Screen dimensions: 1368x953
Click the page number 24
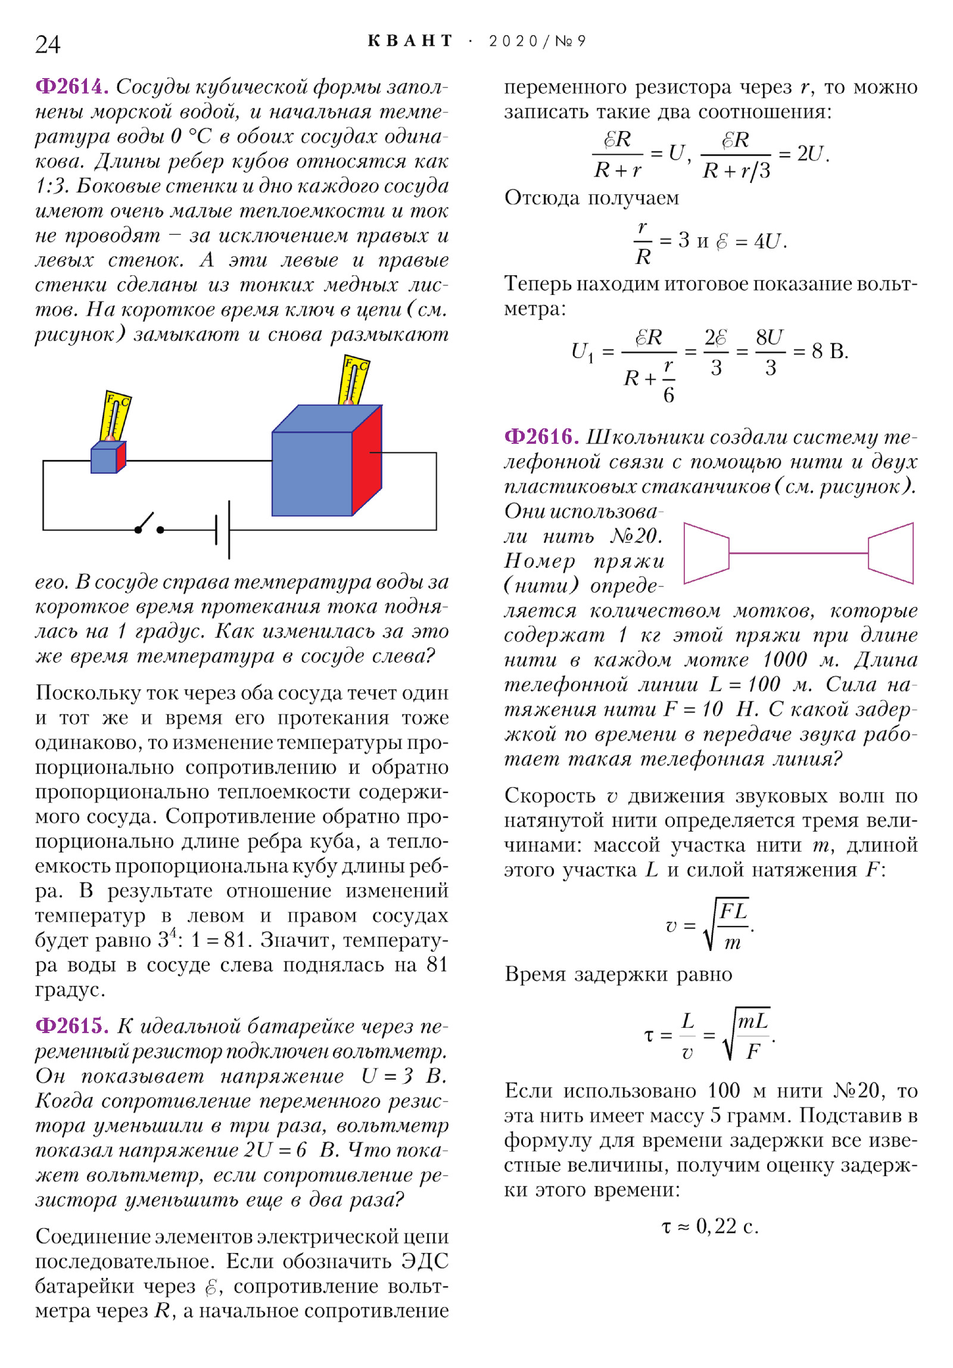point(48,45)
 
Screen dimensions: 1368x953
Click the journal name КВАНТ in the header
point(410,41)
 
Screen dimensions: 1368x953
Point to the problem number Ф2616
point(541,437)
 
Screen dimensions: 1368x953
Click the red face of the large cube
point(367,459)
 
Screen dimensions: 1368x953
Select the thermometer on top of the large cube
point(354,381)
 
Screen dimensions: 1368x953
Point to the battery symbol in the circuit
point(223,530)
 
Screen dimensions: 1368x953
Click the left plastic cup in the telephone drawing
point(706,553)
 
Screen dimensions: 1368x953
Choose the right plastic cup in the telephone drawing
point(891,553)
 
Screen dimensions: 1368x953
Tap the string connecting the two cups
point(798,553)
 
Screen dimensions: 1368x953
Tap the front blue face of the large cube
point(312,474)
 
